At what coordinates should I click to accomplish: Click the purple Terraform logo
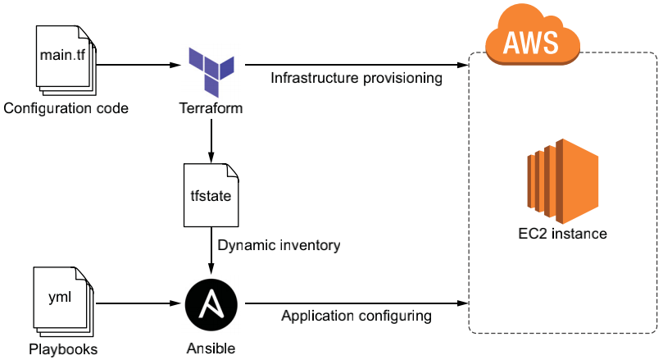point(211,71)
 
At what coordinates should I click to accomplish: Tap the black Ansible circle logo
point(211,303)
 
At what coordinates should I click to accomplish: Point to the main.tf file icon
point(65,58)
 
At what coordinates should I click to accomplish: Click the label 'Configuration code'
point(66,108)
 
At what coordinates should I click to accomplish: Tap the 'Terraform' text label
point(211,108)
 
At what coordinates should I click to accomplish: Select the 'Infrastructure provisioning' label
point(356,80)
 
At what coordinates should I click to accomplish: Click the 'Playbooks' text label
point(63,349)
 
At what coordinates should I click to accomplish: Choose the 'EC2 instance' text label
point(557,234)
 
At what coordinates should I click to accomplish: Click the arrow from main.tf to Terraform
point(135,64)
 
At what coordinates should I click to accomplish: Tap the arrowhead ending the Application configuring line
point(461,303)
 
